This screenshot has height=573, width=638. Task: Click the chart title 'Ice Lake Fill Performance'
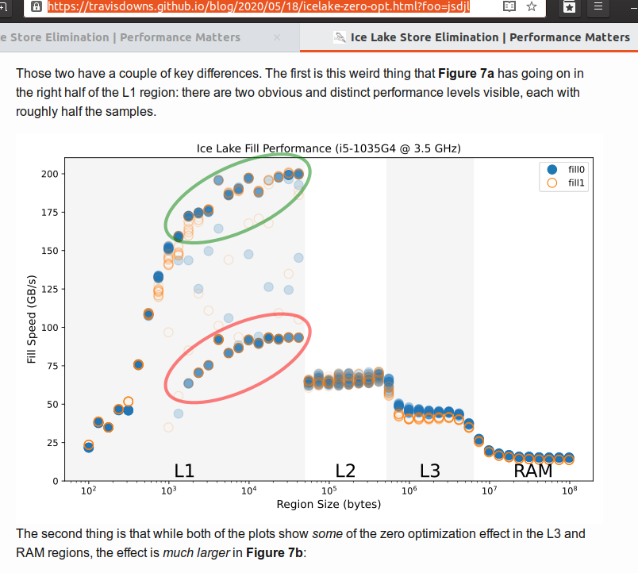pos(329,148)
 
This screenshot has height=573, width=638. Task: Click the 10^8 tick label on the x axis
pos(569,492)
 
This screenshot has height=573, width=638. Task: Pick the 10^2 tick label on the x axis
pos(89,492)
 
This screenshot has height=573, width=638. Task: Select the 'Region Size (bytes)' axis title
pos(329,505)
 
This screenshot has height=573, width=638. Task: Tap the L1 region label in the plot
pos(184,471)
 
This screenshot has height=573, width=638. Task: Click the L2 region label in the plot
pos(345,471)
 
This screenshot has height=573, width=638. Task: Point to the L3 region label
pos(429,471)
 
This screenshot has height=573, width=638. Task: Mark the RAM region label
pos(533,471)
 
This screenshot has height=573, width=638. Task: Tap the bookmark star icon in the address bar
pos(532,6)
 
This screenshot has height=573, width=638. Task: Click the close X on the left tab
pos(277,37)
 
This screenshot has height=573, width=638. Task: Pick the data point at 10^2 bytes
pos(89,446)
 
